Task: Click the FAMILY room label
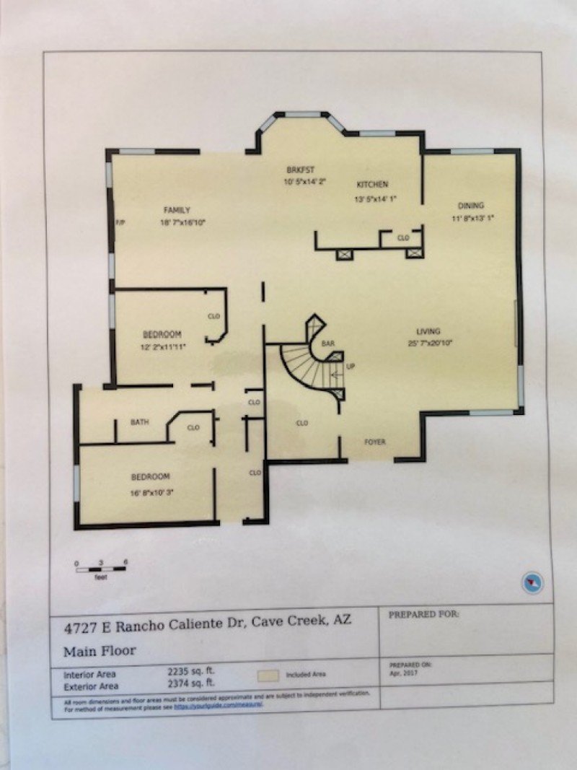pyautogui.click(x=177, y=210)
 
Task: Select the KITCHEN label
pyautogui.click(x=371, y=185)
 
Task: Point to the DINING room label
pyautogui.click(x=471, y=205)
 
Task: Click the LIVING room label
pyautogui.click(x=433, y=331)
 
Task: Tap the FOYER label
pyautogui.click(x=374, y=441)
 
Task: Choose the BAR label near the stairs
pyautogui.click(x=327, y=343)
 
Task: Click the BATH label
pyautogui.click(x=139, y=421)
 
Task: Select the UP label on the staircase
pyautogui.click(x=351, y=367)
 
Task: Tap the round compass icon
pyautogui.click(x=533, y=582)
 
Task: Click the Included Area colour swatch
pyautogui.click(x=268, y=675)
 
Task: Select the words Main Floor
pyautogui.click(x=99, y=649)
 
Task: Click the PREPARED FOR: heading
pyautogui.click(x=423, y=615)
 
